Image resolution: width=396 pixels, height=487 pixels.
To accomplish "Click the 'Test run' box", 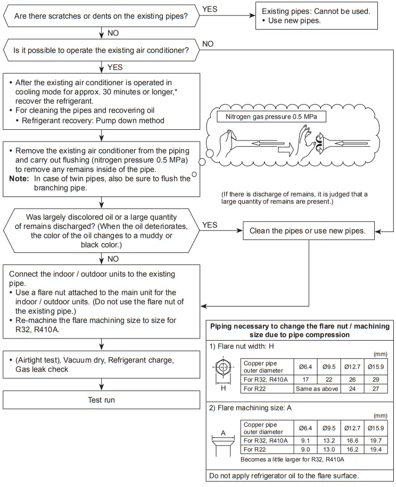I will (101, 400).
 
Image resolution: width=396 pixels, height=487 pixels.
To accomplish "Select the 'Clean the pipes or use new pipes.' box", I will (308, 231).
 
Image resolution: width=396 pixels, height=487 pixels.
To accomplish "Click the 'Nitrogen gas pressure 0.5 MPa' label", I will (272, 116).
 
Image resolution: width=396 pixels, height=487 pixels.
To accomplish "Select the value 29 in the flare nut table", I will (376, 379).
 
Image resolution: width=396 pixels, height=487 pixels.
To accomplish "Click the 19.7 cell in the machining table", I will (376, 440).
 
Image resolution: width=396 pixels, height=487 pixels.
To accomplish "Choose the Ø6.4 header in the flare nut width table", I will (306, 367).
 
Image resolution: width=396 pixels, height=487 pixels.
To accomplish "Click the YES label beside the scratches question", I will (210, 9).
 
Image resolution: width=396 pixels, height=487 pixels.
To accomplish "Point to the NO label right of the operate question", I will (208, 44).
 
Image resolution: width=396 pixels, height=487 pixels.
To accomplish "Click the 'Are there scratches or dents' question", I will (101, 16).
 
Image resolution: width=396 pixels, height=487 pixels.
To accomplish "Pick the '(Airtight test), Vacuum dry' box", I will (101, 365).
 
